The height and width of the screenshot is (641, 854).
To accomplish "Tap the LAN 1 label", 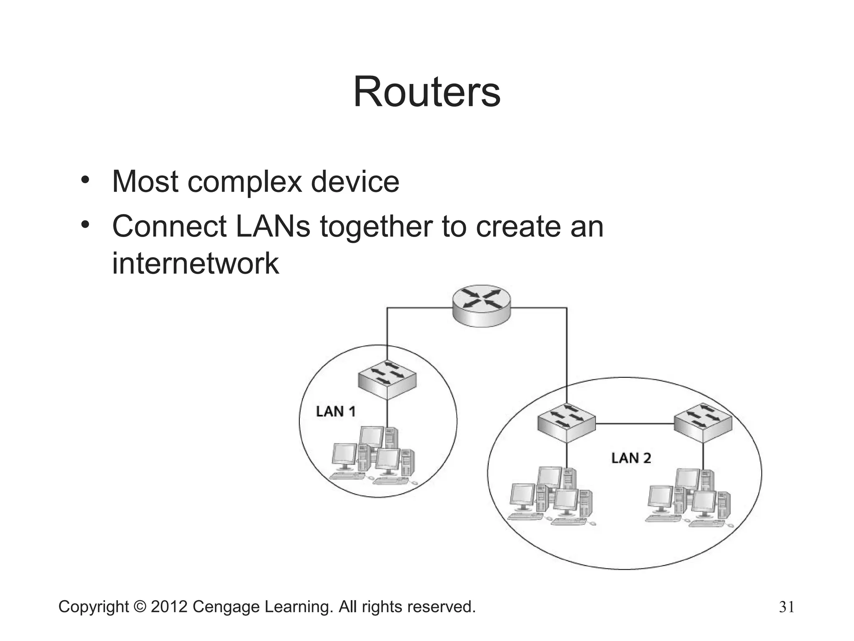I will click(336, 411).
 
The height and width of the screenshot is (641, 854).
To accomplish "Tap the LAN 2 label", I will click(631, 458).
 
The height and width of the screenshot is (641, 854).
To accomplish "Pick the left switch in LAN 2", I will click(566, 423).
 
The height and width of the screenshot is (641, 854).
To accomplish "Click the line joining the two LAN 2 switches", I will click(635, 424).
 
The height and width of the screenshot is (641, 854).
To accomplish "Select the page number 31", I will click(786, 607).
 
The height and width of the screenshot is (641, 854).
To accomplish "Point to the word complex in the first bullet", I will click(245, 182).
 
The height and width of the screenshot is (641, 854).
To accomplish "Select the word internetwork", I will click(195, 263).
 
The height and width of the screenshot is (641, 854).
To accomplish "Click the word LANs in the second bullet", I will click(273, 226).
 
